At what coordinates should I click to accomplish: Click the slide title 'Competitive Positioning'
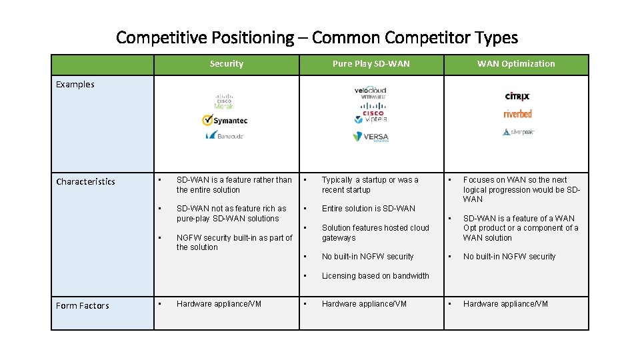(317, 37)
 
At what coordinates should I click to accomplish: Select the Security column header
(226, 64)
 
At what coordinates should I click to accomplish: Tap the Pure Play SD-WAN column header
(371, 64)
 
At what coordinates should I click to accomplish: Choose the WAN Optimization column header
(515, 64)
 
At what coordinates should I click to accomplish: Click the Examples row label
(75, 85)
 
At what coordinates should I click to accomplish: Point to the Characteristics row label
(85, 182)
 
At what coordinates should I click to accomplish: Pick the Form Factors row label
(82, 306)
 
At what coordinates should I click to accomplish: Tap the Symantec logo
(225, 121)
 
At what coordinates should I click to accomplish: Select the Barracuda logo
(225, 135)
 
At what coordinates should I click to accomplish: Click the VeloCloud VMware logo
(370, 93)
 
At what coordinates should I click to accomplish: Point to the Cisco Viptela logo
(370, 117)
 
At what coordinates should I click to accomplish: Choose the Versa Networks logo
(370, 137)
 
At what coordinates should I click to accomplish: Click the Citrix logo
(517, 97)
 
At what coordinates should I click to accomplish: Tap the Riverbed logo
(517, 114)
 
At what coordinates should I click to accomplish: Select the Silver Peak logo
(518, 132)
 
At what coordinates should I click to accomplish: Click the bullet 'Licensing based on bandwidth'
(375, 276)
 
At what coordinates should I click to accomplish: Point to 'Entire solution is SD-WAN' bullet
(368, 209)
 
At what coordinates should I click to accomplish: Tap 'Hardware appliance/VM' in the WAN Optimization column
(505, 304)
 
